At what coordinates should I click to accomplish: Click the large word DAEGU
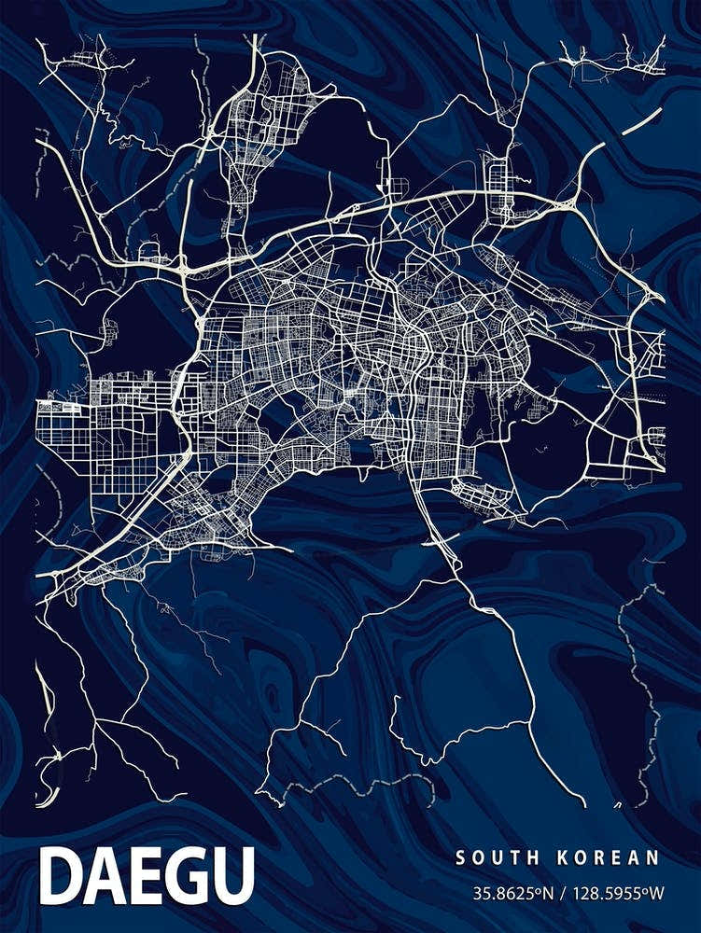point(147,876)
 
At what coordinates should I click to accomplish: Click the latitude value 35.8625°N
point(513,893)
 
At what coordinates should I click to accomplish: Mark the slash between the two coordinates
point(565,893)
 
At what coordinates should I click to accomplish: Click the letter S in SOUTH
point(459,857)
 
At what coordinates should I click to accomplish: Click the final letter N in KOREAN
point(654,857)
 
